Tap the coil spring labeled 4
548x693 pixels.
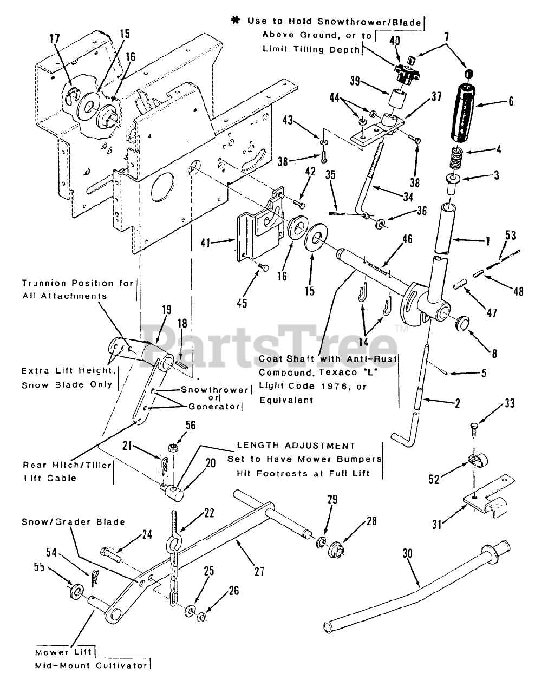tap(456, 143)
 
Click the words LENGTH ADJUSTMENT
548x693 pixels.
tap(296, 446)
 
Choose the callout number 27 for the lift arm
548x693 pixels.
tap(259, 571)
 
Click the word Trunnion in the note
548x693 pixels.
tap(44, 283)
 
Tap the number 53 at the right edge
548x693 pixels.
tap(510, 235)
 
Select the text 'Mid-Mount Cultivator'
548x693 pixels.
tap(92, 665)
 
